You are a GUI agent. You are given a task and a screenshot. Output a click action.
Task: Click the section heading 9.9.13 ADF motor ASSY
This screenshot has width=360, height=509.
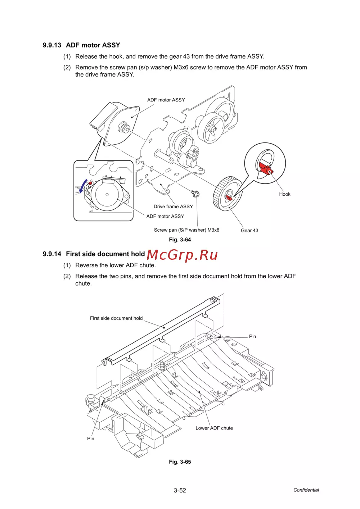(x=81, y=45)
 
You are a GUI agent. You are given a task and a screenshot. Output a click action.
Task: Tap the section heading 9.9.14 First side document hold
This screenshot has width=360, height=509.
(x=94, y=254)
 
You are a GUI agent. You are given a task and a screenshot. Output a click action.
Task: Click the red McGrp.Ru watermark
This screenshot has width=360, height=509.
(x=182, y=255)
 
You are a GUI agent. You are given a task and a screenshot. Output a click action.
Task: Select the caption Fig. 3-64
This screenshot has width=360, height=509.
(x=180, y=240)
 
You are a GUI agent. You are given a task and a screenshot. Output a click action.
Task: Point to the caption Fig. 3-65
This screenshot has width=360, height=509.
(x=180, y=462)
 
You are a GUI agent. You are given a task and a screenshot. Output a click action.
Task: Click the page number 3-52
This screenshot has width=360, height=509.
(x=180, y=490)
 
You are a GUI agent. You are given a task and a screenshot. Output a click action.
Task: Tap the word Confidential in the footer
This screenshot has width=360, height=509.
(x=306, y=490)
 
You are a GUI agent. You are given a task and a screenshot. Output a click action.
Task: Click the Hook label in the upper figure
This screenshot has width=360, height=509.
(x=284, y=194)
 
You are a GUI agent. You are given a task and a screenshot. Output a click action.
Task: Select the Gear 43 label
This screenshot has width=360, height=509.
(x=249, y=231)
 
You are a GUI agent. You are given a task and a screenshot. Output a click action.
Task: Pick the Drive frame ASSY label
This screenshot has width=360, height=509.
(x=173, y=206)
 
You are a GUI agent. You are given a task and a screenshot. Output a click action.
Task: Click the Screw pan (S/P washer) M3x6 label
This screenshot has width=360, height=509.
(x=186, y=230)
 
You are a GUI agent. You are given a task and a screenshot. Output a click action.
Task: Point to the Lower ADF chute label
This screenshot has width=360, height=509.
(x=214, y=428)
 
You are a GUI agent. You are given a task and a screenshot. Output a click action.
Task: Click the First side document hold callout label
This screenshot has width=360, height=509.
(x=116, y=318)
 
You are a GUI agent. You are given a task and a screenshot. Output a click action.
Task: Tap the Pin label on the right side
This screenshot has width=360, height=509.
(x=252, y=337)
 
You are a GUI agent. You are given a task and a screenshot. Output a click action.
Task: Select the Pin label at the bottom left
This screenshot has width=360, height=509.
(x=91, y=438)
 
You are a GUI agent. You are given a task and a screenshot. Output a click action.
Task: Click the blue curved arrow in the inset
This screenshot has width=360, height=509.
(x=83, y=185)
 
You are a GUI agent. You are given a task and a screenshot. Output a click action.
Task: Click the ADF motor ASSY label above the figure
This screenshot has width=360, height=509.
(x=166, y=100)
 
